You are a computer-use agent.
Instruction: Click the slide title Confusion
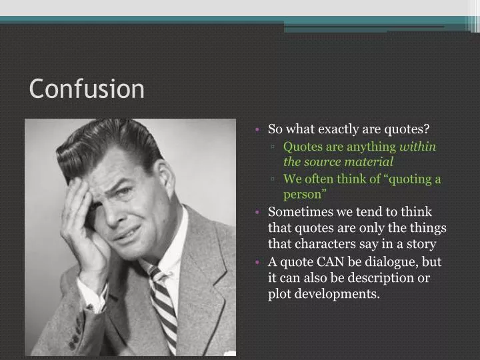[x=87, y=89]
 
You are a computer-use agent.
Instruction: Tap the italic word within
[x=417, y=147]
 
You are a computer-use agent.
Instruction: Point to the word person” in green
[x=305, y=195]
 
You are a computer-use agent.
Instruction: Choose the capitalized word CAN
[x=329, y=261]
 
